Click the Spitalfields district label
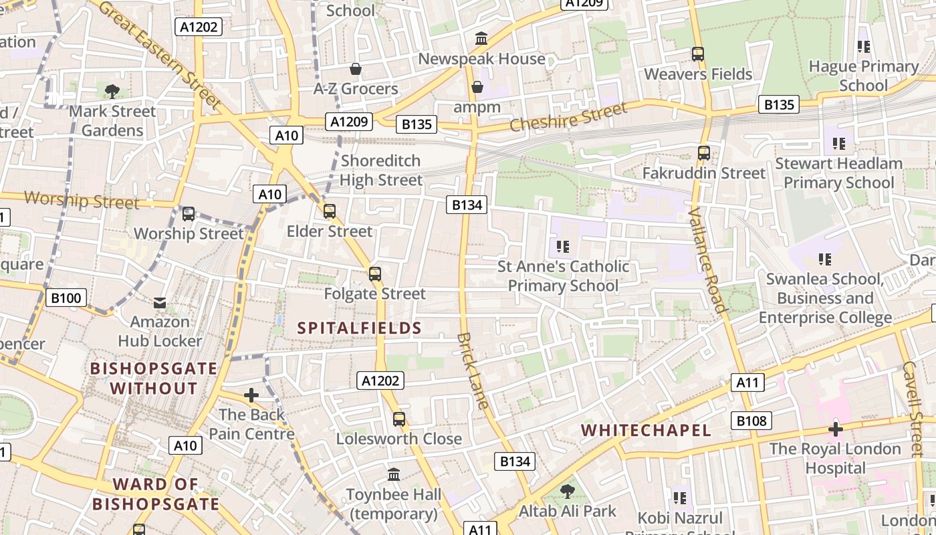pos(359,328)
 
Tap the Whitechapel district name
pos(646,430)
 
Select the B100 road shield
pos(66,298)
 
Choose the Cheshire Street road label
pos(568,116)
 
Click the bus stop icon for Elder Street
pos(329,211)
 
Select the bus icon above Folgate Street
pos(375,274)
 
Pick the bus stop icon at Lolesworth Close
pos(399,419)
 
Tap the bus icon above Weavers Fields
pos(698,53)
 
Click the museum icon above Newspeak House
pos(481,39)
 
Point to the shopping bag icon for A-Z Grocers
pos(356,69)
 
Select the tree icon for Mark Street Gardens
pos(112,91)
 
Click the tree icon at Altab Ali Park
pos(567,492)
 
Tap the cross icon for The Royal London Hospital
pos(835,429)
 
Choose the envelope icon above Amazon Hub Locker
pos(160,303)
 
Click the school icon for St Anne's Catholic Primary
pos(563,247)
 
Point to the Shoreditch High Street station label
pos(381,170)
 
